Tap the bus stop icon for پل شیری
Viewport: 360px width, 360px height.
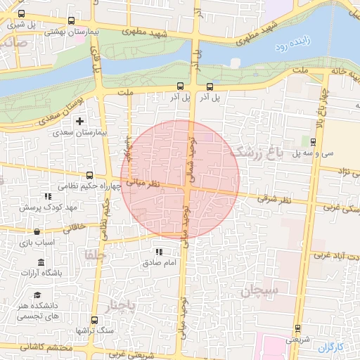tap(21, 14)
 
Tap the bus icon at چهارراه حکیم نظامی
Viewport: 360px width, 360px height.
tap(89, 175)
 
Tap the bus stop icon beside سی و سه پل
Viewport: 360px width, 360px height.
tap(314, 141)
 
